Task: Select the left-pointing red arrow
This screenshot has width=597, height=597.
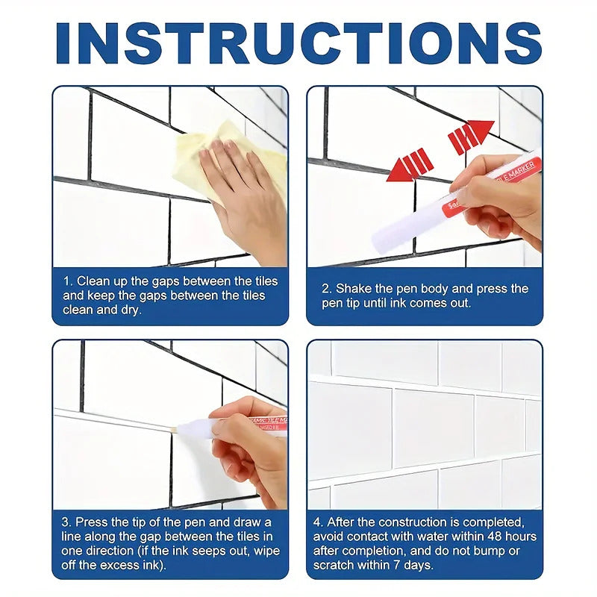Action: click(410, 166)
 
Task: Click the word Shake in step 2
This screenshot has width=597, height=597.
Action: click(353, 289)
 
